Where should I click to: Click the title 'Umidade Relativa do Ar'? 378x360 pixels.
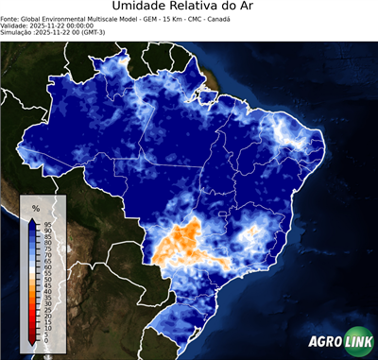[189, 8]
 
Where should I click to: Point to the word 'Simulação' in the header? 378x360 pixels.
[17, 32]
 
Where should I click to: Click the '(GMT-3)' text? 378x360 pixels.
[112, 32]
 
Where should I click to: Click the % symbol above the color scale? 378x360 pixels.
[36, 207]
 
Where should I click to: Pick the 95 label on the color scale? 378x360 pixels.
[46, 223]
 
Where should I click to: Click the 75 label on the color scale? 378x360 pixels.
[46, 248]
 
